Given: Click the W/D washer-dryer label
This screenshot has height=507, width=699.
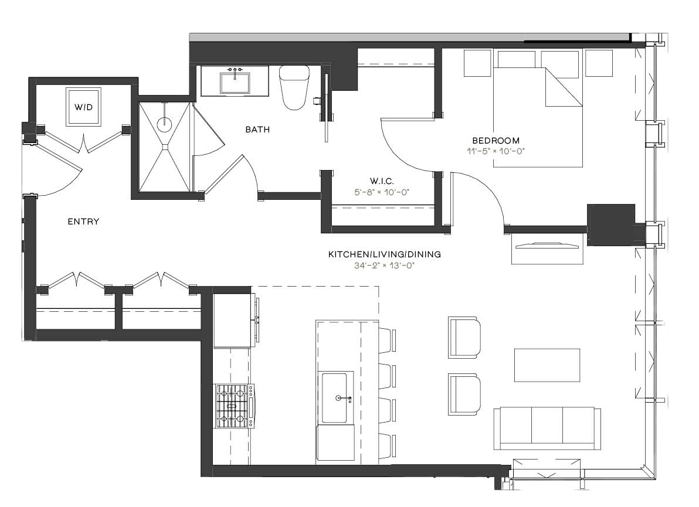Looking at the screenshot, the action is tap(83, 107).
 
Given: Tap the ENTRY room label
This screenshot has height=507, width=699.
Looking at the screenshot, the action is tap(83, 222).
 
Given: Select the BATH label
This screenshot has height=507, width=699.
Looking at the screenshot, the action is tap(257, 130).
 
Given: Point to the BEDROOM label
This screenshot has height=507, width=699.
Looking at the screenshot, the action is tap(496, 141).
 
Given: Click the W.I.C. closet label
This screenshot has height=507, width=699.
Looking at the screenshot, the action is tap(382, 181).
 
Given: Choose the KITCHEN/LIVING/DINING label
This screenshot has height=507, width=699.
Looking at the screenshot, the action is tap(384, 254).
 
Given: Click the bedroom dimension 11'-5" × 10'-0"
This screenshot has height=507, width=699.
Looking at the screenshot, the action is tap(496, 151).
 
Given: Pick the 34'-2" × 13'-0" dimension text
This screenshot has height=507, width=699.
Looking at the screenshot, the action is tap(384, 266).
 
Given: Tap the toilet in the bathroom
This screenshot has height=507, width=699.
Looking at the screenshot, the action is tap(294, 87).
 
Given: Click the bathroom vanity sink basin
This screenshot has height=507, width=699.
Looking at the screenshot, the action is tap(235, 83).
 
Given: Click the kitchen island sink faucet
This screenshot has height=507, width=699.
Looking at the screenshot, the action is tap(344, 398).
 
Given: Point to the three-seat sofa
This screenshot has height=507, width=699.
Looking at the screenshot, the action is tap(547, 428).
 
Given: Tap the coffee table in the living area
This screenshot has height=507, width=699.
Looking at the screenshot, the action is tap(547, 365).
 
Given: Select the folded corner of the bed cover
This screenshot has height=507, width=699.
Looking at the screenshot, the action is tap(562, 87).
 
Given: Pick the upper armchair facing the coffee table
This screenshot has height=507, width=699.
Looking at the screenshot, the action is tap(464, 337).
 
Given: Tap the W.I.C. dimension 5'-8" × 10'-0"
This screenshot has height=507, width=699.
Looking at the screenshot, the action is tap(382, 192).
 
